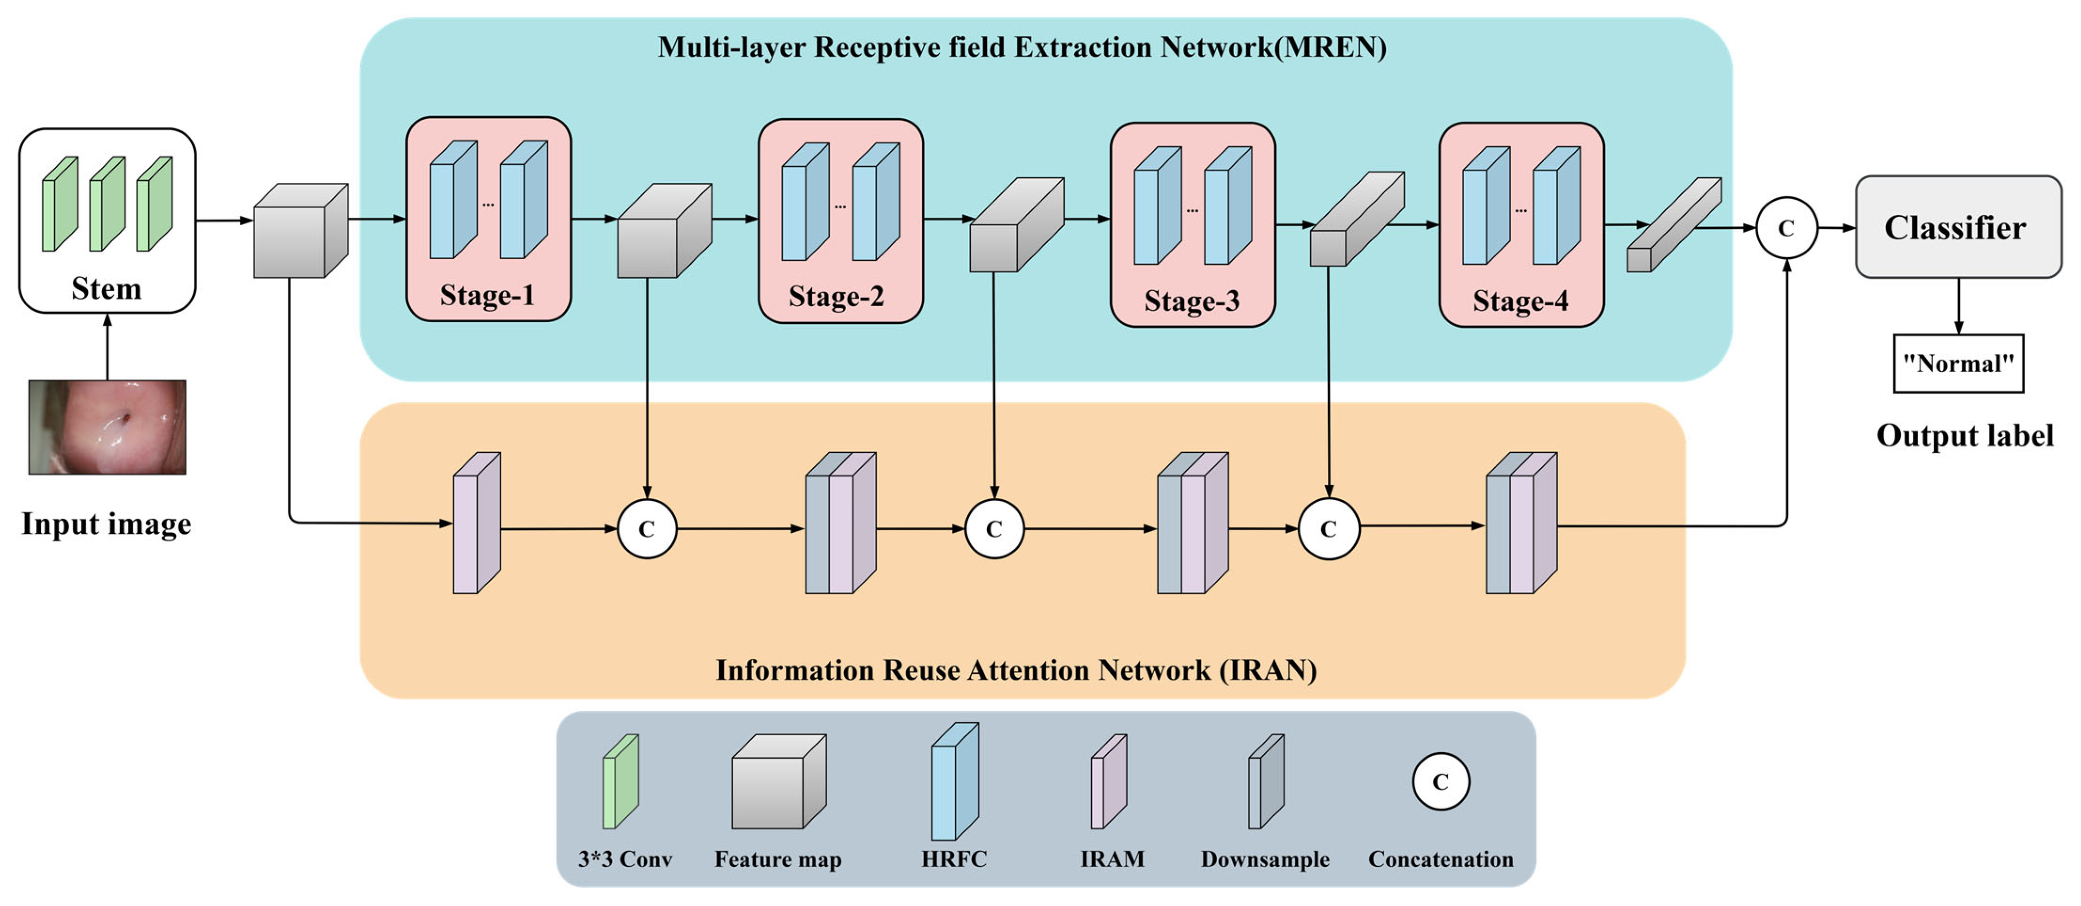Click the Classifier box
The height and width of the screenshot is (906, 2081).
[1957, 227]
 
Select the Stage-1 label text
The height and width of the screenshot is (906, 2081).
[487, 295]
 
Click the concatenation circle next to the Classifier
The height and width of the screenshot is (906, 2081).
[1786, 228]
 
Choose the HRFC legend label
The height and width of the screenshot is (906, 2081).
[954, 859]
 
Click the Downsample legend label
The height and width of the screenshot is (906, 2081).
[1264, 859]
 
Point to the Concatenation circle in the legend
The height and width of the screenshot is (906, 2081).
[1441, 782]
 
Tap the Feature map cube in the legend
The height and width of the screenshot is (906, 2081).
[778, 782]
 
